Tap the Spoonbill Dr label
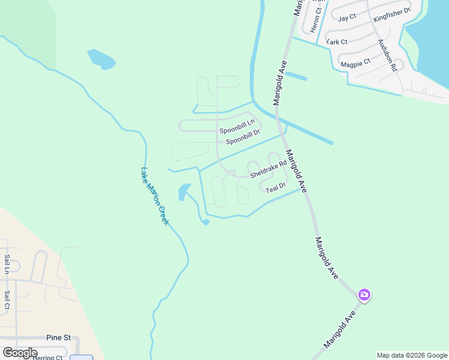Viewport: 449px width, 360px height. click(x=243, y=140)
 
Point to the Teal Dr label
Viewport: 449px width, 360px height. click(x=275, y=190)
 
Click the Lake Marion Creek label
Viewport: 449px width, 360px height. click(x=155, y=196)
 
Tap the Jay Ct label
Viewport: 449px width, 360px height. click(x=348, y=19)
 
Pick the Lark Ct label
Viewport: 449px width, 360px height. click(x=337, y=42)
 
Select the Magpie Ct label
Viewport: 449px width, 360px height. click(x=355, y=62)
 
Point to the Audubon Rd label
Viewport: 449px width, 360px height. click(x=387, y=56)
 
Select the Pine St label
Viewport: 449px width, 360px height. click(x=59, y=338)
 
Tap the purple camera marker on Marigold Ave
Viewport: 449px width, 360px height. click(x=364, y=295)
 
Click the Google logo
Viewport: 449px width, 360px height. click(x=19, y=353)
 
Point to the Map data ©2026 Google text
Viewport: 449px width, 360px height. click(x=411, y=355)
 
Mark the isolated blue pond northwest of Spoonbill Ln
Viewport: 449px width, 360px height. click(x=101, y=59)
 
